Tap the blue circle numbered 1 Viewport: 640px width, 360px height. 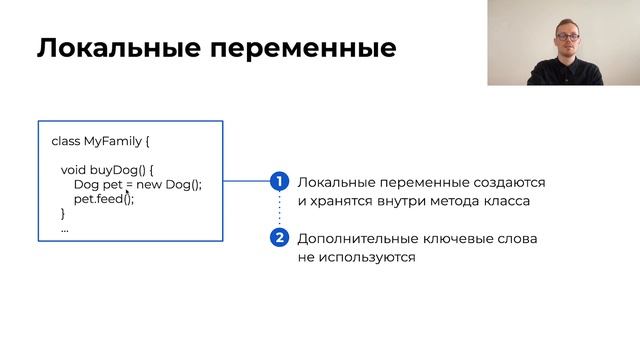280,182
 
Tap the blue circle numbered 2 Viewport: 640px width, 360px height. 280,238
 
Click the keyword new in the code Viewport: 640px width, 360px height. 150,185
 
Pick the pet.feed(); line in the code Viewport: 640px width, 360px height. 103,199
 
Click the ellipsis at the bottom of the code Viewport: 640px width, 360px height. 65,229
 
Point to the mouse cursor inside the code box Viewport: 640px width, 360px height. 128,194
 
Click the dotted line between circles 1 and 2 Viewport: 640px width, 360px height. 280,210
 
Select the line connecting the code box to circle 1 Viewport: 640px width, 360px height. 246,182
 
